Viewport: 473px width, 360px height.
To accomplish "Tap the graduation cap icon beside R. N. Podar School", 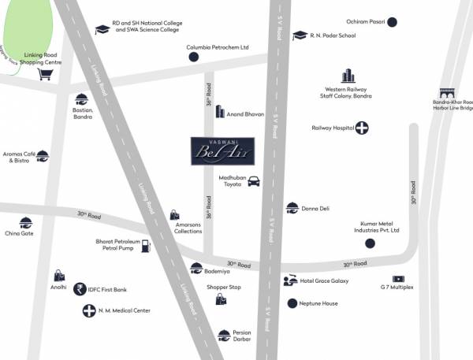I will pos(300,35).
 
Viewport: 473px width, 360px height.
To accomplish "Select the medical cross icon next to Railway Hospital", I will pos(362,128).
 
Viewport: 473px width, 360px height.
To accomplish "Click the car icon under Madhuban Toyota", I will pos(254,182).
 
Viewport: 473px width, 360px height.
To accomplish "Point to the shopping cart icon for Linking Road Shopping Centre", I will pos(46,75).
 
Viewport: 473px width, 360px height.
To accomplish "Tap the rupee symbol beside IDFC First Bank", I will pos(79,289).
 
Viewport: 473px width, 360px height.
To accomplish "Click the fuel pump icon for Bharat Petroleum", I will pos(145,246).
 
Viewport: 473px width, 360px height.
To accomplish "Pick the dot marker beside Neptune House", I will pos(292,303).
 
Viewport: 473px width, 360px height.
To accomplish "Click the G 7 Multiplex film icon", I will pos(398,279).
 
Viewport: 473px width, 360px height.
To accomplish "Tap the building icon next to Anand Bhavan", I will pos(220,113).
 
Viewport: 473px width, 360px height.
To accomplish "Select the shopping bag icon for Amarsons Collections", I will pos(174,215).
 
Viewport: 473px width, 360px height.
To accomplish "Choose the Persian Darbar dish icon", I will pos(224,335).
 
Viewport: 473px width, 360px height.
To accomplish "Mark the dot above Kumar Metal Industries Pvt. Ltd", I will pos(370,243).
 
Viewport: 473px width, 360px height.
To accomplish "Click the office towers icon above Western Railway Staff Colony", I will pos(348,76).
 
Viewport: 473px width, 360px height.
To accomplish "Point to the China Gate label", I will pos(19,233).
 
